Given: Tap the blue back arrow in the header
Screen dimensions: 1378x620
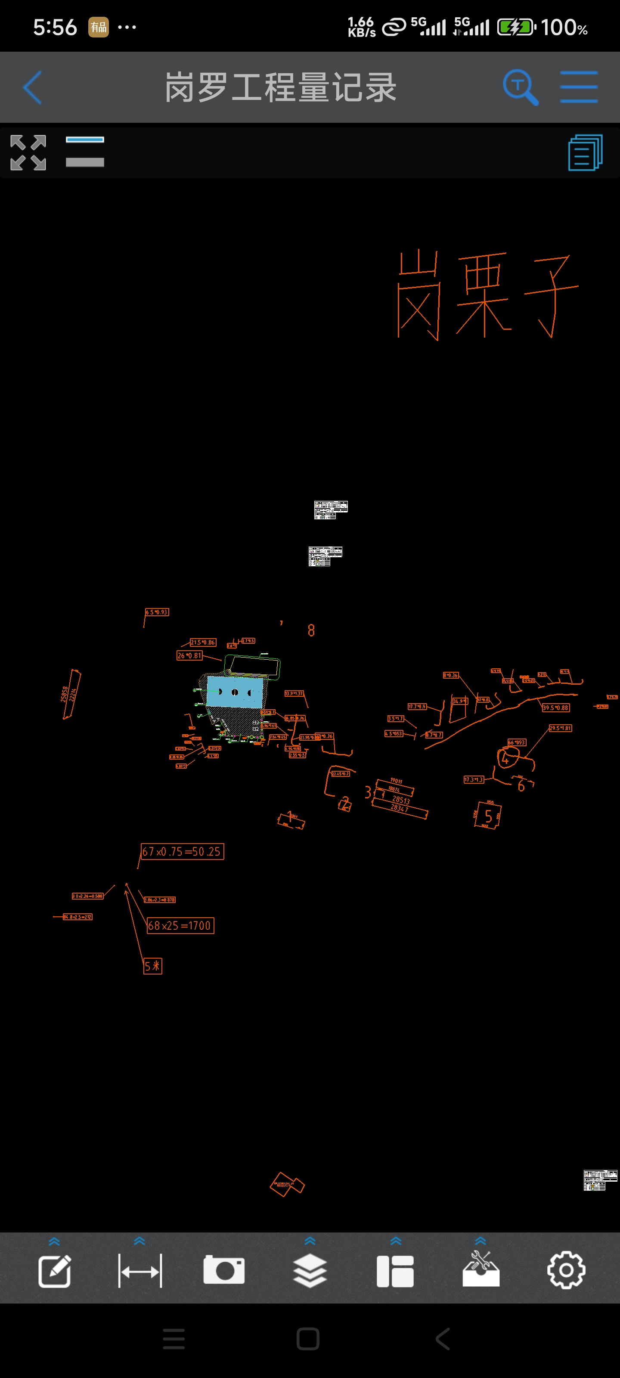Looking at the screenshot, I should [33, 87].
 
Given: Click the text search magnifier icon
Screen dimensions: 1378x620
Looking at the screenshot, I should [520, 87].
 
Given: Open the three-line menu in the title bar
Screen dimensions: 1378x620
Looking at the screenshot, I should [579, 87].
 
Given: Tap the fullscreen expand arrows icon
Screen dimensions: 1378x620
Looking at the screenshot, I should [28, 152].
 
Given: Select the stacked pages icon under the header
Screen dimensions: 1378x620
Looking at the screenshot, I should [585, 152].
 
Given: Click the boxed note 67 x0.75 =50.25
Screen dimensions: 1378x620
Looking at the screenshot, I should [182, 851].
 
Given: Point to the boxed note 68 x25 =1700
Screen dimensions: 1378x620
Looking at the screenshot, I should [180, 925].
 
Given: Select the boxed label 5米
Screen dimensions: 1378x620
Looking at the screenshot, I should [152, 965].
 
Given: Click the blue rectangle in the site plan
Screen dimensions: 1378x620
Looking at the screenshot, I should [235, 692].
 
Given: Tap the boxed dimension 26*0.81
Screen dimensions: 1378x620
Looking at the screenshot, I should [189, 655].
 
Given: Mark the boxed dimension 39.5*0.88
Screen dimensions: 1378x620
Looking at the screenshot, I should [556, 708].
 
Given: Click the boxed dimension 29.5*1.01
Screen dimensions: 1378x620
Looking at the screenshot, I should [560, 728].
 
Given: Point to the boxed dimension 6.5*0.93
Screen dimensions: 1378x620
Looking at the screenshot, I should [157, 612].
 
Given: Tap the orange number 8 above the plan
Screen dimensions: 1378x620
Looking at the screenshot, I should [311, 630].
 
